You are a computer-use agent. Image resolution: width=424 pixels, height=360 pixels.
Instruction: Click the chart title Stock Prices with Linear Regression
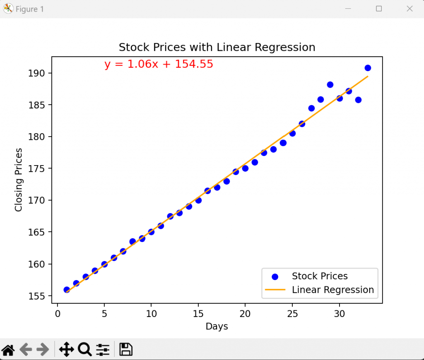(217, 47)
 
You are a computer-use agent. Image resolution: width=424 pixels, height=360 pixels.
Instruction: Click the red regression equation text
(159, 64)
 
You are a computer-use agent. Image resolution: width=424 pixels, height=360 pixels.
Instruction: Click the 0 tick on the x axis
(58, 314)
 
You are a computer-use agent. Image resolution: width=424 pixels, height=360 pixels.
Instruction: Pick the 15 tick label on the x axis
(198, 314)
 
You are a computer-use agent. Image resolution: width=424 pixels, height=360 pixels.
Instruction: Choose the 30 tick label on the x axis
(340, 314)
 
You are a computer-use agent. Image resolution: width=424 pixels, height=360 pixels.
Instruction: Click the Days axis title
(217, 326)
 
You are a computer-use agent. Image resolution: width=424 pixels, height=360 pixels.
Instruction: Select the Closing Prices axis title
(19, 180)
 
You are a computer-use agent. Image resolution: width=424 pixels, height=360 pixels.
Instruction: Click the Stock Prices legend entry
(319, 276)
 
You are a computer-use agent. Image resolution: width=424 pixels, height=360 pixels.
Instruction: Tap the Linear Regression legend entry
(332, 290)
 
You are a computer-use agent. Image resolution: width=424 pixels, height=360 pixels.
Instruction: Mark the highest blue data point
(368, 68)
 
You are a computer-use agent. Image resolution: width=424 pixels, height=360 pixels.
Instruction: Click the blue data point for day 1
(67, 290)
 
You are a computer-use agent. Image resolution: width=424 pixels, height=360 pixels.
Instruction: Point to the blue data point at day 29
(330, 84)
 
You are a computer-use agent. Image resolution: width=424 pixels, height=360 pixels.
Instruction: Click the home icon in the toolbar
(8, 350)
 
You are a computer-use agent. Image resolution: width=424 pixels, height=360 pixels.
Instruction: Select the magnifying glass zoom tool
(84, 350)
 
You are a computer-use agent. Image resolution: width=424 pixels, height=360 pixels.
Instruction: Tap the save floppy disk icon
(125, 350)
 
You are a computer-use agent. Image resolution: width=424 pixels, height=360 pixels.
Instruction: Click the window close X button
(410, 9)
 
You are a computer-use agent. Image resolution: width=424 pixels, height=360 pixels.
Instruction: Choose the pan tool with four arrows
(66, 350)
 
